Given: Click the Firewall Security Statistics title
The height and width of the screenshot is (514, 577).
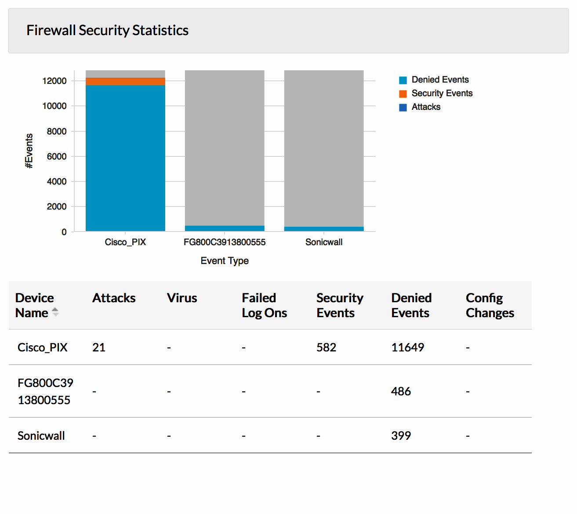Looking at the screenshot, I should pos(107,30).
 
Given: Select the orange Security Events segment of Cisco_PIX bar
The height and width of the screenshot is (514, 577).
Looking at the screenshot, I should pos(125,82).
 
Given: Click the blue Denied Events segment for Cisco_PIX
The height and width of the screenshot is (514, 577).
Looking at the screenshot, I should pos(125,158).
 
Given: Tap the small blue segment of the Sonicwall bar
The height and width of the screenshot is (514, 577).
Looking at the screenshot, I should pos(324,229).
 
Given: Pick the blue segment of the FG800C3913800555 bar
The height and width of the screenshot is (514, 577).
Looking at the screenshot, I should pos(225,228).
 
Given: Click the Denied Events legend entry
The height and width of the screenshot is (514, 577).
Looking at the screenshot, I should pos(439,80).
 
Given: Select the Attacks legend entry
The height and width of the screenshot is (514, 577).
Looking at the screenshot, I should pos(425,107).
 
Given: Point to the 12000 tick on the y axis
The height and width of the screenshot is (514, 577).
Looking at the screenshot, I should pos(54,81).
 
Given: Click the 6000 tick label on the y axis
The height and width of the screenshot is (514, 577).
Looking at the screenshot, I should pos(57,156).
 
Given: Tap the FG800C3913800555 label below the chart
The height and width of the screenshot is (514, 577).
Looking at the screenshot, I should pos(225,242).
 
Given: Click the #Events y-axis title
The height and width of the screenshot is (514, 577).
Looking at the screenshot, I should pos(29,151).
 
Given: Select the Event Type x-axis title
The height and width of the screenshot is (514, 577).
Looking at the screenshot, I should pos(225,261).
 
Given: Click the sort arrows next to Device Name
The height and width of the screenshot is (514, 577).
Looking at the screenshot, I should pos(55,312).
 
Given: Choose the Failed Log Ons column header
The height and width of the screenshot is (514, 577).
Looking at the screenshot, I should pos(264,305).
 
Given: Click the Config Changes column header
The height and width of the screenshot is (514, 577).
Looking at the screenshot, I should pos(490,305).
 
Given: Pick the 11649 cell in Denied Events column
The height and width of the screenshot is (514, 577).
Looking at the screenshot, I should pos(407,347).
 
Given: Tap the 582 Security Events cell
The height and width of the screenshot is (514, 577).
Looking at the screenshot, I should pos(326,347).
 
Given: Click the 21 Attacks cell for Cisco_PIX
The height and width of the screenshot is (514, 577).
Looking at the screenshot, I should pos(99,347).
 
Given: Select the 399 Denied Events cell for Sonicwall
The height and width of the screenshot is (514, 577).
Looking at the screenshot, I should pos(401,436).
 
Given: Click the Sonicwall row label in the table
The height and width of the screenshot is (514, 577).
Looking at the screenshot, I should pos(41,436).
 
